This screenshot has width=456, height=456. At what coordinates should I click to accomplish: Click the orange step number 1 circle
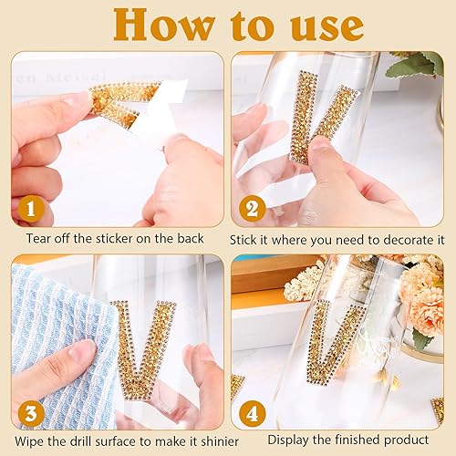coord(34,211)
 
